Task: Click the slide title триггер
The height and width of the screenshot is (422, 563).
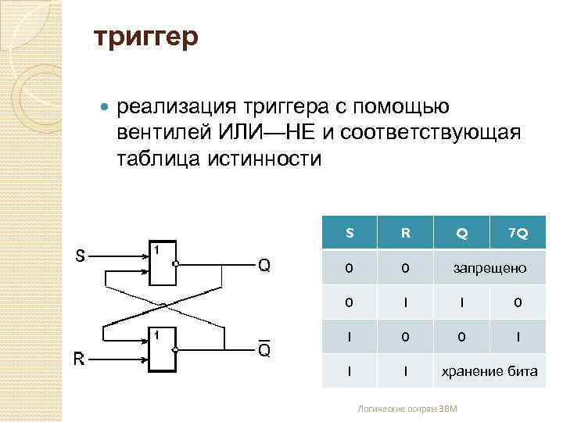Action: pos(146,37)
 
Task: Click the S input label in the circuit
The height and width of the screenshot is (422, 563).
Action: pos(81,256)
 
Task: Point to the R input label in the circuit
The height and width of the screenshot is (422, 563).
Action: pos(80,359)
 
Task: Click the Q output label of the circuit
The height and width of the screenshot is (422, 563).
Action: pos(264,266)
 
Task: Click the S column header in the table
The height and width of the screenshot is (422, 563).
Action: pos(350,233)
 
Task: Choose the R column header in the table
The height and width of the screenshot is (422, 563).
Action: pos(405,233)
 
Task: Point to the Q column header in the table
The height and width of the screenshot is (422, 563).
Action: pos(462,233)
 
